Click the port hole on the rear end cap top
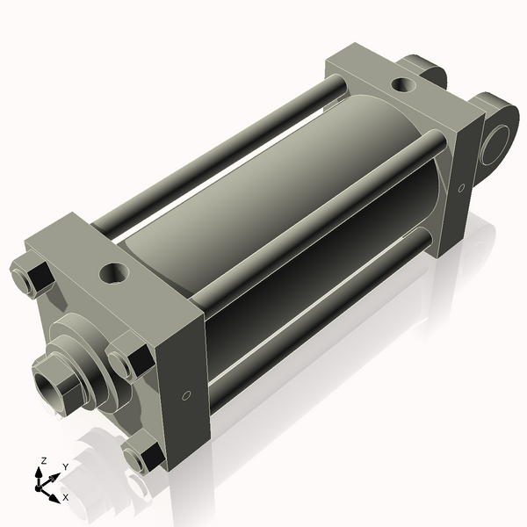click(x=401, y=86)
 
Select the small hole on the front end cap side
click(x=185, y=396)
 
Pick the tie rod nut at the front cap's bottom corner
click(x=143, y=457)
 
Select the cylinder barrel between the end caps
click(x=290, y=202)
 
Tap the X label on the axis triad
click(x=65, y=497)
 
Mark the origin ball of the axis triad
click(x=41, y=485)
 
